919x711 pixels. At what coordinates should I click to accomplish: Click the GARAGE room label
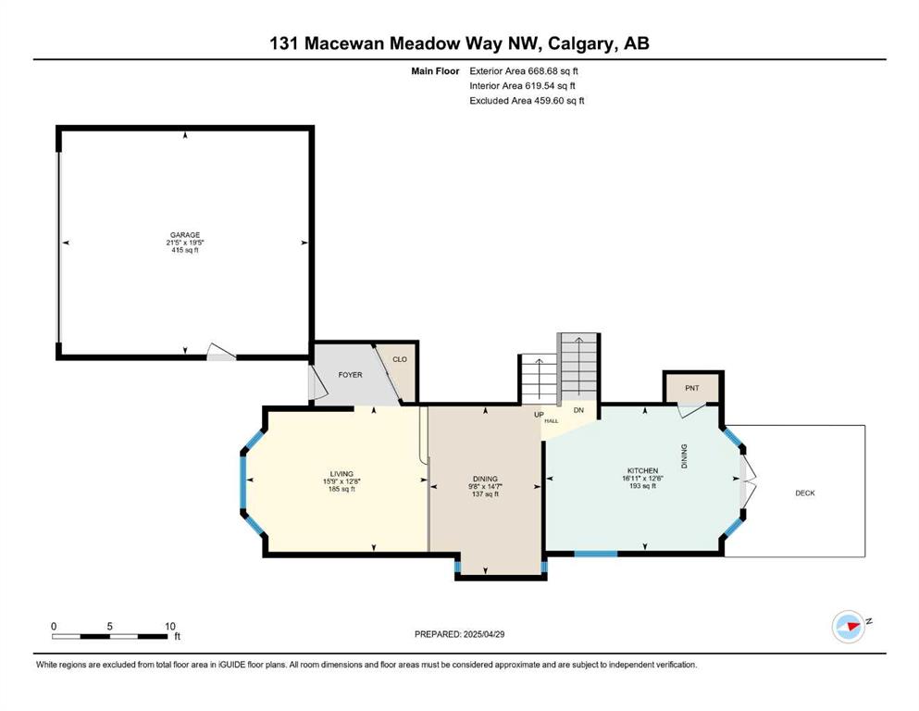tap(185, 235)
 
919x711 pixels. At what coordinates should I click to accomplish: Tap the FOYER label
tap(351, 375)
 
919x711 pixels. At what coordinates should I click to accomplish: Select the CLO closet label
tap(400, 359)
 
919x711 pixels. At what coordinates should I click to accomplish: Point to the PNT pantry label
tap(692, 388)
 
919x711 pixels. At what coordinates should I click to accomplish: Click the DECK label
tap(805, 493)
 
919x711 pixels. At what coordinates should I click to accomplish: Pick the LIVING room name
tap(342, 474)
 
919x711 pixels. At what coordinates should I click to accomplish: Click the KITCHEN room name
tap(643, 470)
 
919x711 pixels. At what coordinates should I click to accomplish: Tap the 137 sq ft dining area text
tap(485, 494)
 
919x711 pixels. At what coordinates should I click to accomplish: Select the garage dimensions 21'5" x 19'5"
tap(185, 243)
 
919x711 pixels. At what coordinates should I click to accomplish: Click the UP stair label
tap(540, 415)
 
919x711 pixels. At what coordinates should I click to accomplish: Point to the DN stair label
tap(578, 410)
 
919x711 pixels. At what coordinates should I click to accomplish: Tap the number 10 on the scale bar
tap(170, 626)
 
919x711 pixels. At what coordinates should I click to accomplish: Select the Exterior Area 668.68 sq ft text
tap(524, 71)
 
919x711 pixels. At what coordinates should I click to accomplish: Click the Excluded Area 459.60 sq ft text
tap(527, 100)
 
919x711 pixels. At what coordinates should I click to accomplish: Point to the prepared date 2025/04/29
tap(484, 634)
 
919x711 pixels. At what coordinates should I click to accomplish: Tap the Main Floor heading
tap(435, 71)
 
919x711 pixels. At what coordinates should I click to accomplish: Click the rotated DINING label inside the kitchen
tap(684, 456)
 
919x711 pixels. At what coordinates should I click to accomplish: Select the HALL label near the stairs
tap(552, 421)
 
